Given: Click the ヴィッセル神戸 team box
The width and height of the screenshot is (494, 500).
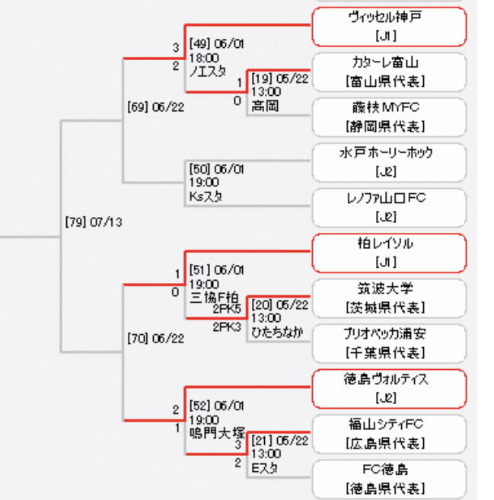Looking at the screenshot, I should (388, 26).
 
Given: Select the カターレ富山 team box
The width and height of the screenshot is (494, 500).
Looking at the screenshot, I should (388, 72).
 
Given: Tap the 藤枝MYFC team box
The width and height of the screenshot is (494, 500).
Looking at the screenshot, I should (388, 116).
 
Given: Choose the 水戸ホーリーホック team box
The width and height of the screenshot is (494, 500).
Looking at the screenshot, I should (388, 162).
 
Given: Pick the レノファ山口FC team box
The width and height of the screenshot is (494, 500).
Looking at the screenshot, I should (388, 207).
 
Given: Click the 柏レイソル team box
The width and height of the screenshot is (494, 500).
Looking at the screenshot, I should (388, 253).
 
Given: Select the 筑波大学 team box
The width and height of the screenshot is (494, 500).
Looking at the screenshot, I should (388, 298).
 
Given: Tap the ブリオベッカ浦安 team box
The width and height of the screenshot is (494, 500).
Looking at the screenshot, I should (388, 343).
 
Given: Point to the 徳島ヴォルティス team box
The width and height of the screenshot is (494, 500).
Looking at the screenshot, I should (388, 388).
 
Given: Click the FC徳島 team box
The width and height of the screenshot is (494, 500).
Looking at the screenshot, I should (388, 479).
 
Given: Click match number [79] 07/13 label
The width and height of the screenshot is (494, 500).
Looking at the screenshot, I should (94, 222).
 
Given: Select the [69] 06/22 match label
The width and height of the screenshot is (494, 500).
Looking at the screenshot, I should (155, 107).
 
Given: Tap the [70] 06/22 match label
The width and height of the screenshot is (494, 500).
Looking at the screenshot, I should (155, 337).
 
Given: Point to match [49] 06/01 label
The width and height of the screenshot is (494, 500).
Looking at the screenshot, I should (217, 43).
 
